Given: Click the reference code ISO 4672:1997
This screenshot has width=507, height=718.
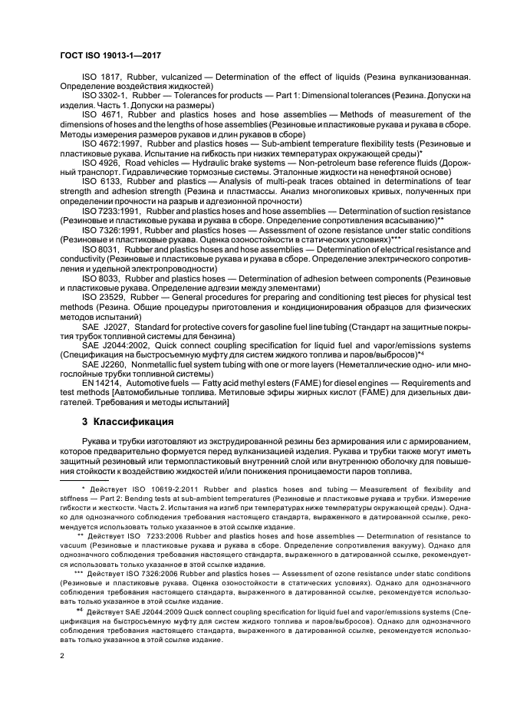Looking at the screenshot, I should tap(110, 143).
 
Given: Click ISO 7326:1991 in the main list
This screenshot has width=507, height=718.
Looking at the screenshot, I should tap(110, 229).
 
